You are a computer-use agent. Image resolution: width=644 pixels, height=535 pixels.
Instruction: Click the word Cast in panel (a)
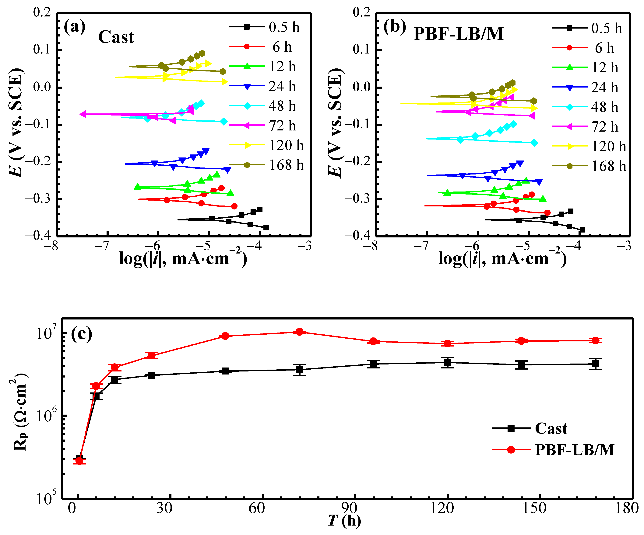pyautogui.click(x=116, y=37)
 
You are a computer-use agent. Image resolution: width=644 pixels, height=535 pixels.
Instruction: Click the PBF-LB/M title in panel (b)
pyautogui.click(x=459, y=34)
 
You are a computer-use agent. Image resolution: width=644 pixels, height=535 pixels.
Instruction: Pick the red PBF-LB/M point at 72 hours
pyautogui.click(x=300, y=332)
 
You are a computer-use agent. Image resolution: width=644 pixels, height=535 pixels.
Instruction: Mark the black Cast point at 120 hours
pyautogui.click(x=448, y=362)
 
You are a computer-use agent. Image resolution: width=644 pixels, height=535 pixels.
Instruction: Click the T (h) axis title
pyautogui.click(x=344, y=521)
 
